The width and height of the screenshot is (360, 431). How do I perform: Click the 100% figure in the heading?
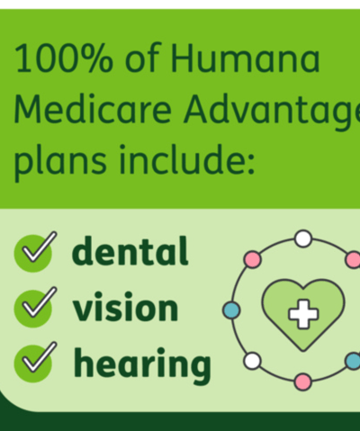64,58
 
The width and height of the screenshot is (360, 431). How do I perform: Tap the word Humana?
245,58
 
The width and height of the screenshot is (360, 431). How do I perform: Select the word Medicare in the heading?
93,109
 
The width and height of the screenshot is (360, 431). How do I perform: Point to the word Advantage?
272,111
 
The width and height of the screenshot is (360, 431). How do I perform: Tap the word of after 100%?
141,58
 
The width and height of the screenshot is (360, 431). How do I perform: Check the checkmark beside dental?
35,252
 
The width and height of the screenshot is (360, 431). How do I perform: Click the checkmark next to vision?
35,307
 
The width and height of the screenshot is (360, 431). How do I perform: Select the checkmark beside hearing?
35,362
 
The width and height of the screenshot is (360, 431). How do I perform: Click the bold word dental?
130,251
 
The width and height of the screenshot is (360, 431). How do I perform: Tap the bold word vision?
125,307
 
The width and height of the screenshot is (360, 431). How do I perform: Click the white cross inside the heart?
303,314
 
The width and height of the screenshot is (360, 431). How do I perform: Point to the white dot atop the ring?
303,238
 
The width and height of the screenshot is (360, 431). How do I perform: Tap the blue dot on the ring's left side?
231,310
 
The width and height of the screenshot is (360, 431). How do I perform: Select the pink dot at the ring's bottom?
303,382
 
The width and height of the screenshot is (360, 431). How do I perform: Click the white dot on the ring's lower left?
252,361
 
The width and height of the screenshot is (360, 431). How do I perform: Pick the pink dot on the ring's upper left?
252,260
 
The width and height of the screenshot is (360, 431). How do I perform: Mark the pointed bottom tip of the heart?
303,350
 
